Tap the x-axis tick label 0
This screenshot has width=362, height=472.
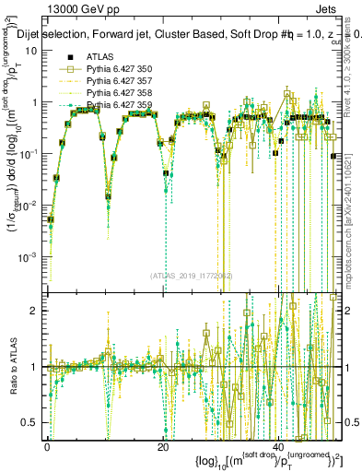point(48,445)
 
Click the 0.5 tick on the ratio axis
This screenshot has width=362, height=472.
point(32,422)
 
